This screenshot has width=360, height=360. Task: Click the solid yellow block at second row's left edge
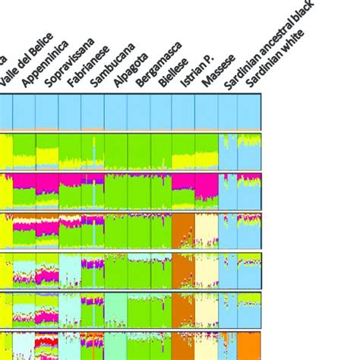tap(5, 151)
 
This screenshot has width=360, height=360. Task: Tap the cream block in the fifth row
tap(206, 270)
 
